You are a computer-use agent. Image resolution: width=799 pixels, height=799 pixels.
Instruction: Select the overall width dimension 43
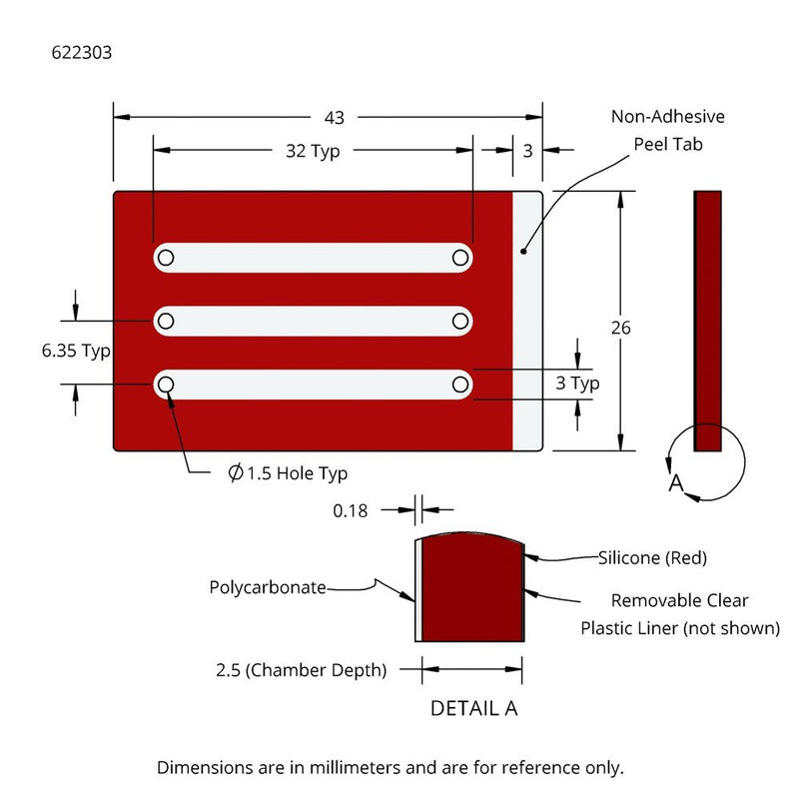(x=334, y=118)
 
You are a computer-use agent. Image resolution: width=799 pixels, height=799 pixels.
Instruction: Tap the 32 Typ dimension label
(x=313, y=151)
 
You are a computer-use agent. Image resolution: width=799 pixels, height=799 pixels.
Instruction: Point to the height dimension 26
(x=622, y=329)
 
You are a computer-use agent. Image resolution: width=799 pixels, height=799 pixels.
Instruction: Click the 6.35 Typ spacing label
(x=76, y=351)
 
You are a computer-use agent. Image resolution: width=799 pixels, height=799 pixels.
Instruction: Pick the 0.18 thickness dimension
(x=350, y=510)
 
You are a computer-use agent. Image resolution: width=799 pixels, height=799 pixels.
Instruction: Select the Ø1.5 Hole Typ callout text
(x=288, y=473)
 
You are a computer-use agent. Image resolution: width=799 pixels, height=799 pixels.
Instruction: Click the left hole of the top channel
(x=166, y=258)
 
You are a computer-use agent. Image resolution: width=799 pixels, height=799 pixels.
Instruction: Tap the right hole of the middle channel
(x=460, y=321)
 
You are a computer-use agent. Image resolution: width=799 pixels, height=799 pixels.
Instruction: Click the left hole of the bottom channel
(x=166, y=384)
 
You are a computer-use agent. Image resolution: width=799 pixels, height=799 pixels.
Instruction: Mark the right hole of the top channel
(x=460, y=258)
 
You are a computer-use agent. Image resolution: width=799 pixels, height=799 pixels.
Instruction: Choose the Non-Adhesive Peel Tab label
(x=667, y=131)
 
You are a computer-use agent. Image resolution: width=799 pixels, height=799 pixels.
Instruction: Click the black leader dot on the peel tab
(x=522, y=251)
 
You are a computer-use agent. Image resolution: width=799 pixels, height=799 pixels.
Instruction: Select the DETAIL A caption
(x=473, y=708)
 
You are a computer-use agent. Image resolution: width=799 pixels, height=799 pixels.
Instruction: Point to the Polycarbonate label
(x=268, y=587)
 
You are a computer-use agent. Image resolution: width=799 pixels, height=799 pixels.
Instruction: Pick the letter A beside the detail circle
(x=675, y=484)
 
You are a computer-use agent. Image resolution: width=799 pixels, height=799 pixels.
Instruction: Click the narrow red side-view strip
(x=707, y=320)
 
